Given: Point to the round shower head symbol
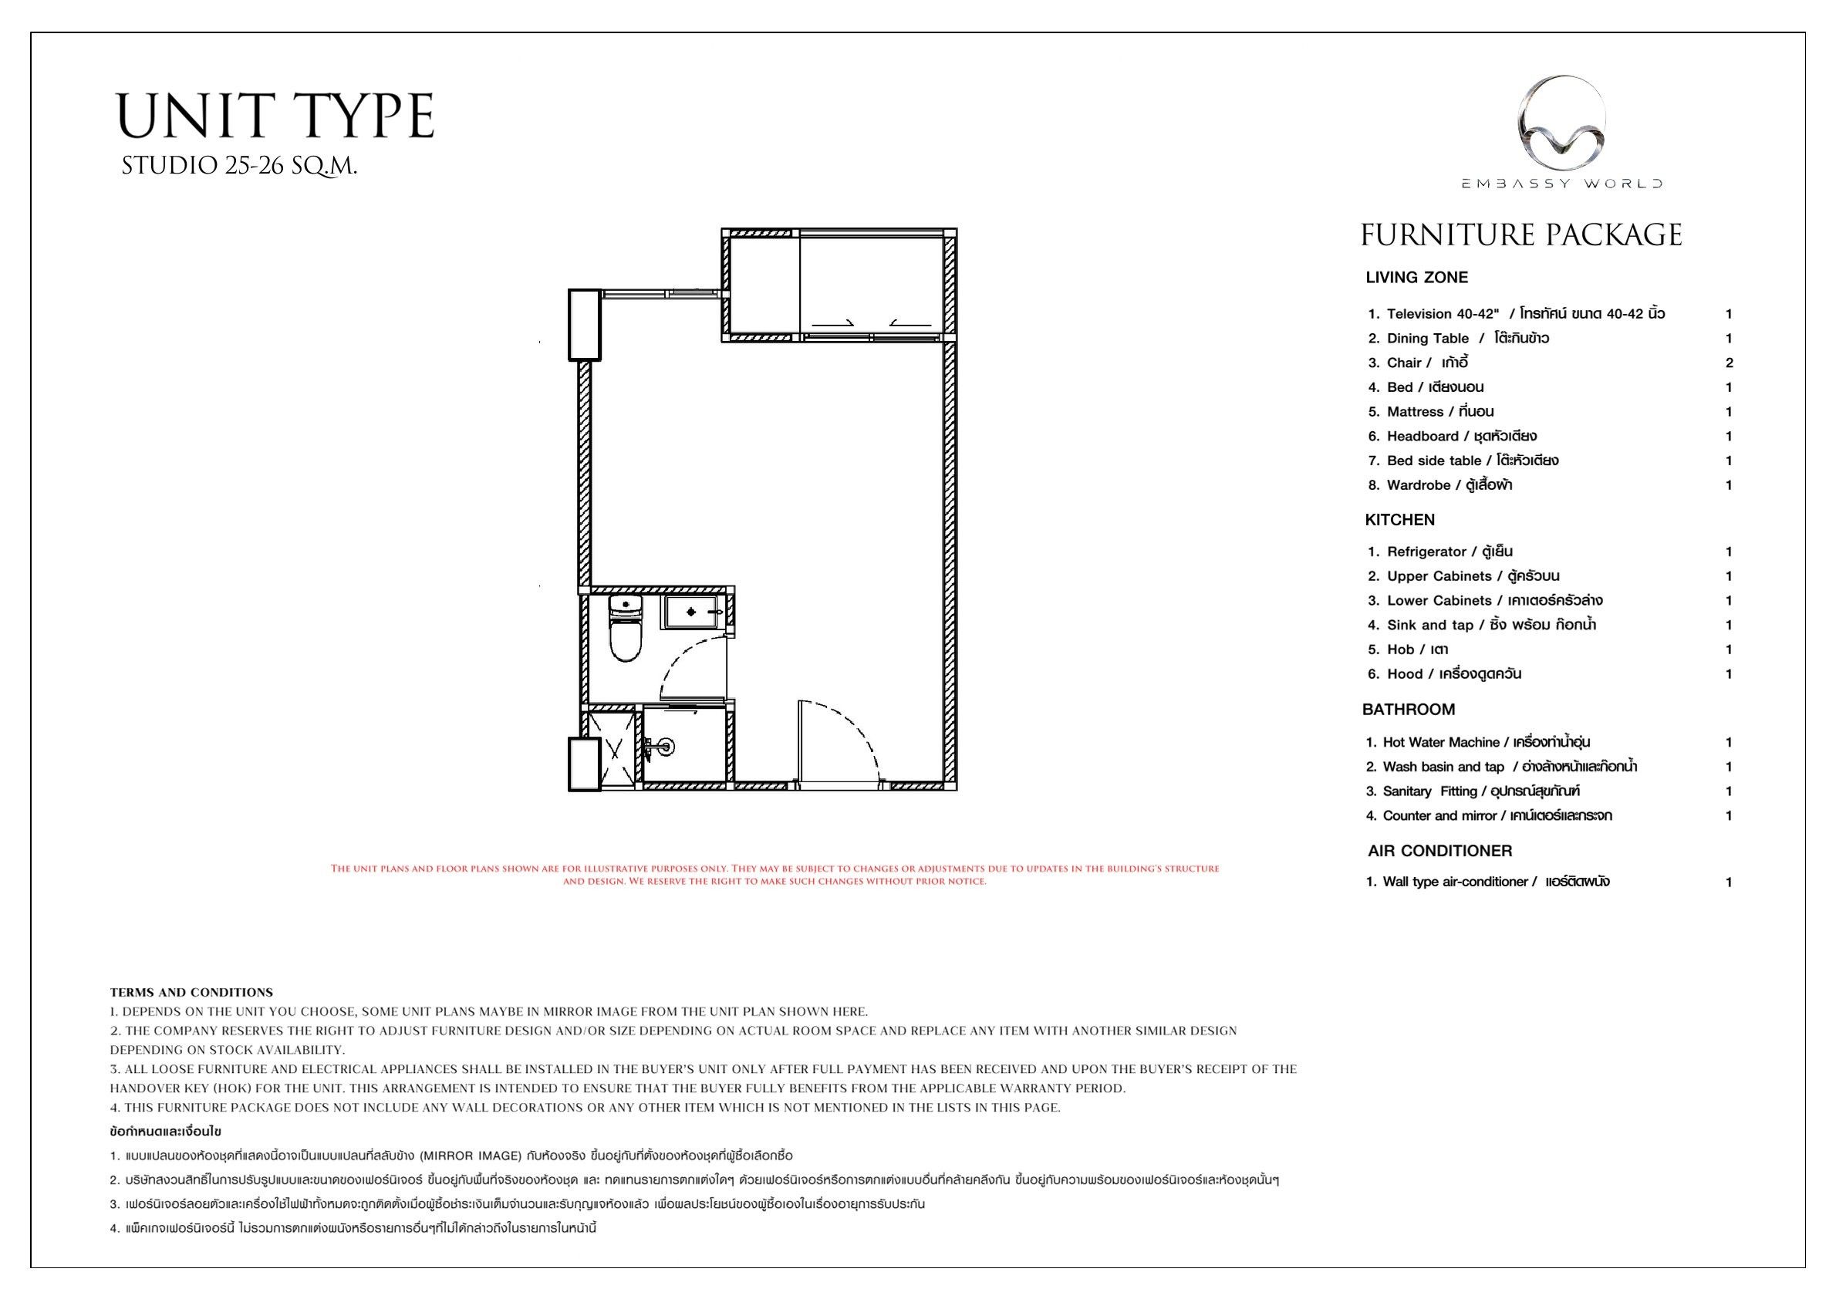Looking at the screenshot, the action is tap(666, 747).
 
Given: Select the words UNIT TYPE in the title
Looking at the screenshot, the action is tap(276, 116).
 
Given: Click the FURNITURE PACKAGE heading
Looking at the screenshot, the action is tap(1520, 235).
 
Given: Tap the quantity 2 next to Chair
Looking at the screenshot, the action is tap(1729, 363).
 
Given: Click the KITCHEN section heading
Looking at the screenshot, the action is tap(1400, 520).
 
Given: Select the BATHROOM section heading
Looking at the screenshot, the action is tap(1409, 710).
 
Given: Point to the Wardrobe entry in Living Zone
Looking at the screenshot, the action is tap(1440, 485).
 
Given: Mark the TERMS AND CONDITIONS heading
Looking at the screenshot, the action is tap(191, 993).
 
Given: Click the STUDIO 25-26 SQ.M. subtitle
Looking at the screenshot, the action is tap(239, 167).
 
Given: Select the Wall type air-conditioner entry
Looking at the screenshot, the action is tap(1488, 882).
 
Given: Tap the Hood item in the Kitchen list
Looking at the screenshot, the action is tap(1444, 674).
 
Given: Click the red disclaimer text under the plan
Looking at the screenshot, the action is tap(775, 875).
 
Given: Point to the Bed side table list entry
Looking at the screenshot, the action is tap(1463, 461).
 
